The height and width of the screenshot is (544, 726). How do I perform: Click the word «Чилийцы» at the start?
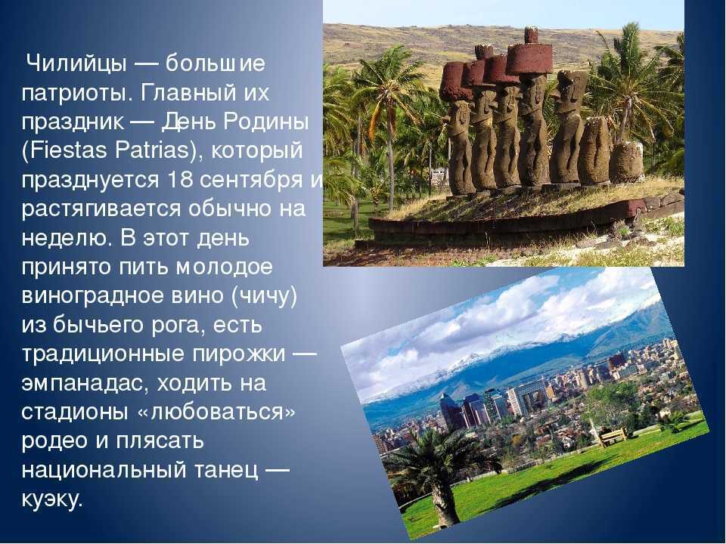click(x=76, y=63)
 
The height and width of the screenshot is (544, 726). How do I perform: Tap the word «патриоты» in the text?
click(x=73, y=93)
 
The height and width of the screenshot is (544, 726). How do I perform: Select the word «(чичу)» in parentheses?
click(x=263, y=296)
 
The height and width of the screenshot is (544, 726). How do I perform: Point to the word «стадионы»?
click(x=75, y=413)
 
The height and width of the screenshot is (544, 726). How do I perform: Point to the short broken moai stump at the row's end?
click(x=626, y=162)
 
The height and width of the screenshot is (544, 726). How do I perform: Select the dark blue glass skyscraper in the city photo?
click(x=452, y=411)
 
